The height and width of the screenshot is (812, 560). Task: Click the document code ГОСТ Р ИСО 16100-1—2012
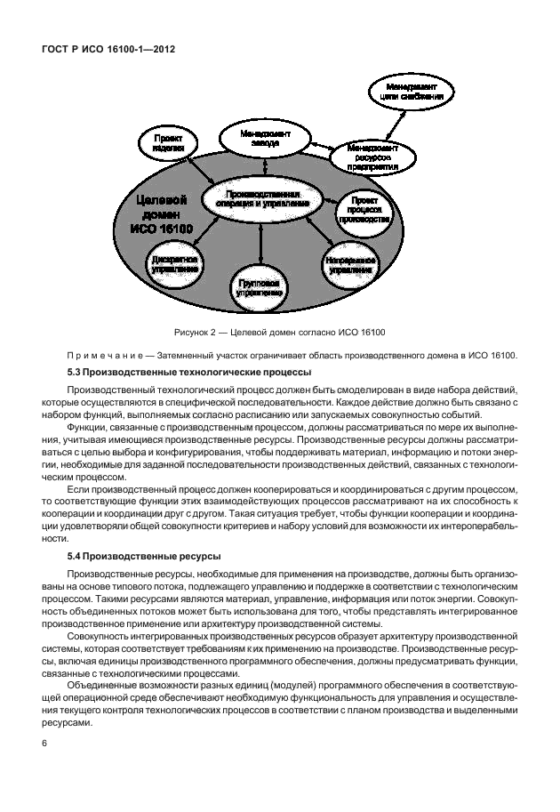(x=108, y=50)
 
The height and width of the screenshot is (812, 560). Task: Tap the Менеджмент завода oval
(x=262, y=139)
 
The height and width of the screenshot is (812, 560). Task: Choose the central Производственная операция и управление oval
(x=260, y=197)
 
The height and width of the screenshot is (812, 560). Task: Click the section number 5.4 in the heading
(x=76, y=556)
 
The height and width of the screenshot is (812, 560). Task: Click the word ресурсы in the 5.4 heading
(x=196, y=556)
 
